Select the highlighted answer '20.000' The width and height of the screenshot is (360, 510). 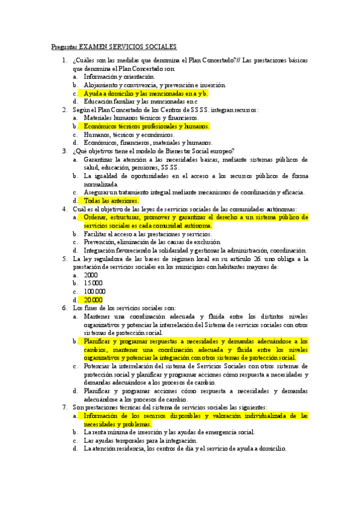click(x=93, y=300)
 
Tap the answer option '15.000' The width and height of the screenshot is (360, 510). click(x=93, y=283)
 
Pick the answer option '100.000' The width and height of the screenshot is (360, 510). click(x=95, y=291)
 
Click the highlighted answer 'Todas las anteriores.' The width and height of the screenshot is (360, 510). click(x=111, y=200)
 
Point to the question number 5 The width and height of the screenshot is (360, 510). click(x=64, y=259)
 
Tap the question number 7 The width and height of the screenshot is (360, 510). click(x=64, y=407)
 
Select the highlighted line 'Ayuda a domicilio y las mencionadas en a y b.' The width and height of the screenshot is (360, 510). click(x=146, y=94)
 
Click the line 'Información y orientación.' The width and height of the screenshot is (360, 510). click(x=119, y=77)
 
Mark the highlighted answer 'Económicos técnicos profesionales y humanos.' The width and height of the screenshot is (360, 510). click(x=147, y=126)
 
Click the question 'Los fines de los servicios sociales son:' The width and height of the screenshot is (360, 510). click(x=120, y=308)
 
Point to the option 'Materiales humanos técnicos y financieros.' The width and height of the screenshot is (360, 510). click(x=141, y=118)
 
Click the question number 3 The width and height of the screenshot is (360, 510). click(x=64, y=151)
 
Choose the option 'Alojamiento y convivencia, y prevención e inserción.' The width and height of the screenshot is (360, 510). click(x=155, y=85)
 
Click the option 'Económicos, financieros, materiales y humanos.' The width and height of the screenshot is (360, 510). click(x=148, y=143)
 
